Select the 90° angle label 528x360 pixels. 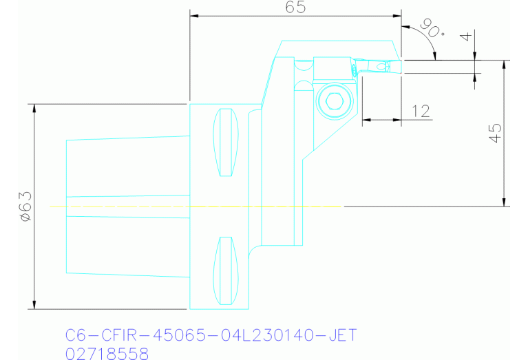point(431,30)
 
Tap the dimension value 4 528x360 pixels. point(471,36)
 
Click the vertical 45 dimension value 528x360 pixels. point(494,133)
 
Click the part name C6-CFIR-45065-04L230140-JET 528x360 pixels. point(211,335)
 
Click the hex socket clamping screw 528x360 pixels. point(335,103)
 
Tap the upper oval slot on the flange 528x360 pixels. point(225,142)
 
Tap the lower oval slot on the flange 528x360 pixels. point(225,271)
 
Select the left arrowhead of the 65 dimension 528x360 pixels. point(194,15)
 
